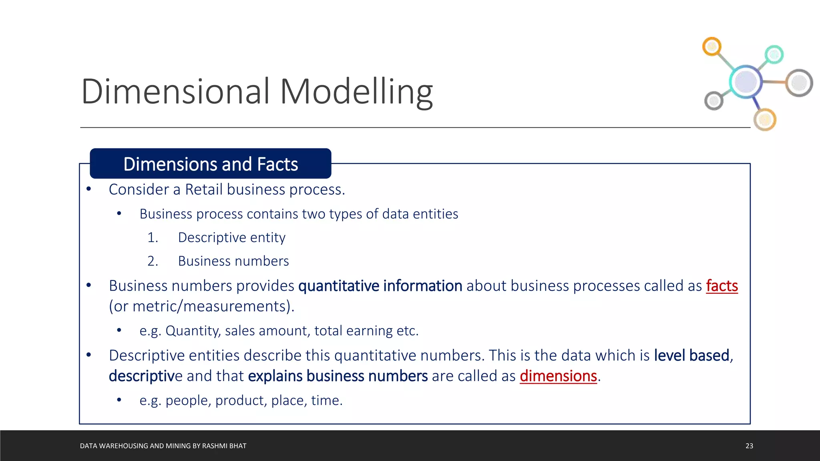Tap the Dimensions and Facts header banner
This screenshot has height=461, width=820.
[211, 164]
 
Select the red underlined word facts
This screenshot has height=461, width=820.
[722, 286]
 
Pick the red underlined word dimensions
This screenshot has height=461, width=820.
[558, 376]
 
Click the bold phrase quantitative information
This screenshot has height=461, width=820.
[380, 286]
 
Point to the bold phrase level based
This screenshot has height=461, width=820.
[691, 355]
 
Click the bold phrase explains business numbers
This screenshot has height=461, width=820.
[338, 376]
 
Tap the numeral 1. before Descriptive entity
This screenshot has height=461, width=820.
[153, 238]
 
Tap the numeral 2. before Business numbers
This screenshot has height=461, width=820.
[153, 261]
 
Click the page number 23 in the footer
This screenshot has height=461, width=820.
[749, 446]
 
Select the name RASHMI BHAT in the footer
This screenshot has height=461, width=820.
[224, 446]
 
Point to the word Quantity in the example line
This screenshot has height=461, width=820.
[193, 331]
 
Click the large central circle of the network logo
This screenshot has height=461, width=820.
[746, 82]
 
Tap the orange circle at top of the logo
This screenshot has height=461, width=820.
[711, 47]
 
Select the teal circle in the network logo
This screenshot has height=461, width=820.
[774, 54]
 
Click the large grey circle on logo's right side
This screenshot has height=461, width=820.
[799, 83]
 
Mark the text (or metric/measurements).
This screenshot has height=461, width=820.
[201, 307]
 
